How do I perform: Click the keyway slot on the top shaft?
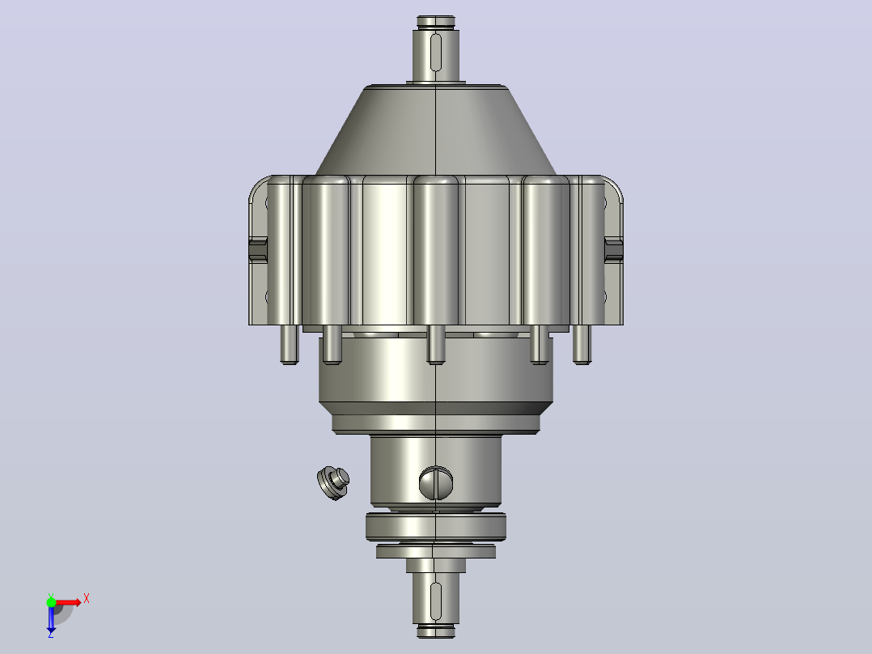tap(436, 53)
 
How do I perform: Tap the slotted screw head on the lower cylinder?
tap(436, 482)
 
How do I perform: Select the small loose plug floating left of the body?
tap(333, 483)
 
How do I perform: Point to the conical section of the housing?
tap(436, 131)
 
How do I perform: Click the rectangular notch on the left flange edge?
tap(258, 249)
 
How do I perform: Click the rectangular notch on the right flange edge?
tap(613, 249)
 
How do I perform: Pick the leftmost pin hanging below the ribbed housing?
tap(290, 345)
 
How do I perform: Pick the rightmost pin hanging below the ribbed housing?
tap(582, 345)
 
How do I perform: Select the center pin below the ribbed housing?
tap(436, 345)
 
